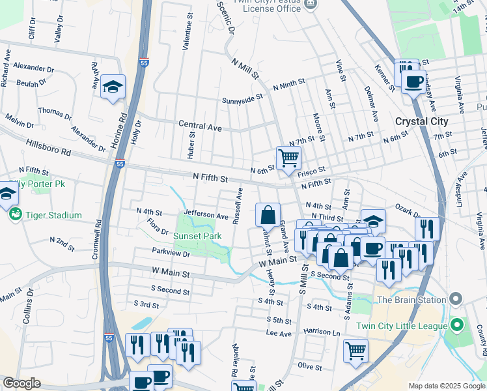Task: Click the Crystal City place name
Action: click(421, 122)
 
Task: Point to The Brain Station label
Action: click(410, 300)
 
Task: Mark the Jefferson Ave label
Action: click(206, 215)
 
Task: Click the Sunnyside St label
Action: click(242, 98)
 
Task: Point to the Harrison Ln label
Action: click(322, 332)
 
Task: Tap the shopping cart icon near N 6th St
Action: click(288, 158)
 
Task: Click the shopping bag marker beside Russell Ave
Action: click(268, 214)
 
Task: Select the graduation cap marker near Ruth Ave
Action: click(113, 87)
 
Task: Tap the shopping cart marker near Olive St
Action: click(356, 351)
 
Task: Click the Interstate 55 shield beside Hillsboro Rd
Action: click(120, 163)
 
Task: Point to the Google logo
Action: click(21, 383)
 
